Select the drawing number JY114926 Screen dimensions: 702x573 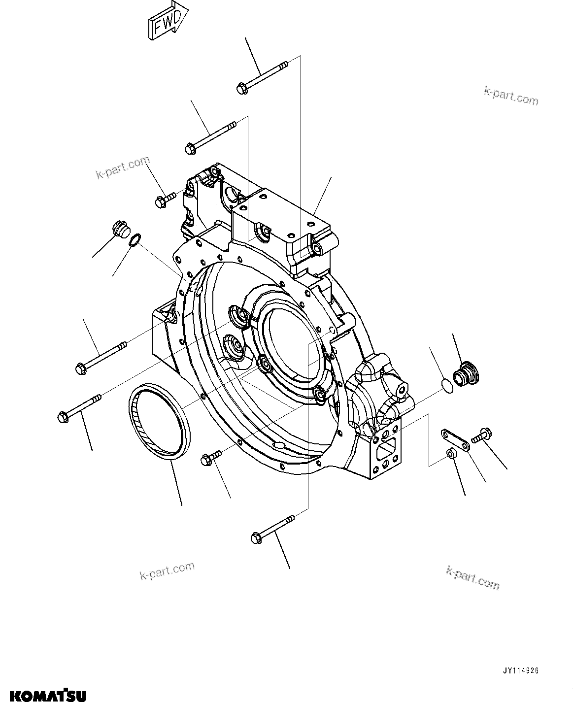[520, 670]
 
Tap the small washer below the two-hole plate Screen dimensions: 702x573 [450, 454]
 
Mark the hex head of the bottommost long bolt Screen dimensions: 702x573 [256, 537]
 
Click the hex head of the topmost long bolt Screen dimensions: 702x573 [242, 88]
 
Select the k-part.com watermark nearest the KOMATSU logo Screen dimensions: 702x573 [167, 571]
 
